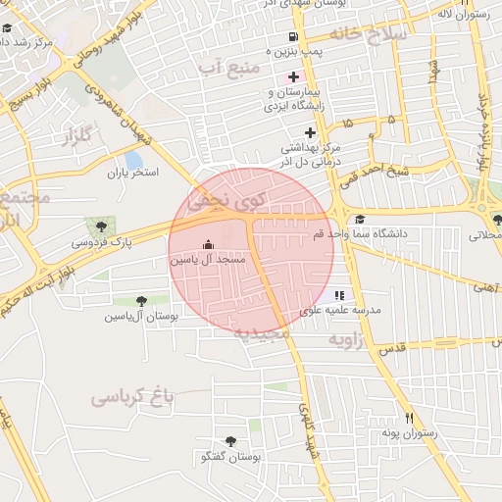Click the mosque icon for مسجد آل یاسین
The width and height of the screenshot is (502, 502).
click(207, 244)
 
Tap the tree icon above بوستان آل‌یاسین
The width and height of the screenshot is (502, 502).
click(141, 300)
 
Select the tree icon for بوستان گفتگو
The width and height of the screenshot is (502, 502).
click(230, 441)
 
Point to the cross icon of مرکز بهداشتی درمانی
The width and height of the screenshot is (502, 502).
click(310, 132)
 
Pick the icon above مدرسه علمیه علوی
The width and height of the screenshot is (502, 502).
click(339, 294)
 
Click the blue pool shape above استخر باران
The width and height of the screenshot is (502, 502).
click(133, 160)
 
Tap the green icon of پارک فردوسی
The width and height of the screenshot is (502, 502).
click(96, 226)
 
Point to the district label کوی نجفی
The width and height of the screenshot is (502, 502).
click(226, 200)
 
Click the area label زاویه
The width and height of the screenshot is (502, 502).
click(345, 339)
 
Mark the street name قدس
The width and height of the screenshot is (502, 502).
click(391, 348)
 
